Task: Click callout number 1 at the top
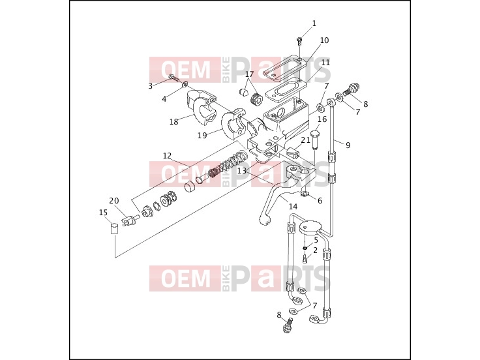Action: click(314, 23)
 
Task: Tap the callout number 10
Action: click(324, 40)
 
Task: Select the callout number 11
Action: click(325, 63)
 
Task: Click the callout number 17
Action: click(250, 74)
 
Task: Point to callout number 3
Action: click(150, 86)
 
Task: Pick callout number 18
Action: click(174, 121)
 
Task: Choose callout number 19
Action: click(202, 135)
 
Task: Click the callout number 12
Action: click(167, 156)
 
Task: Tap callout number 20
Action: click(114, 201)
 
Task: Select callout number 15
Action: click(103, 213)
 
